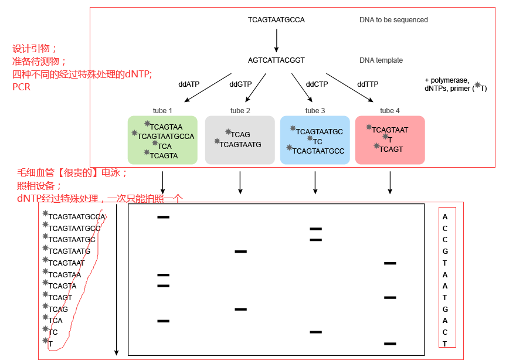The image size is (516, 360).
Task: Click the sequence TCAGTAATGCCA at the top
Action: (x=276, y=20)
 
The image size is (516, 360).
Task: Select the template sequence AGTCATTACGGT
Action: (x=276, y=60)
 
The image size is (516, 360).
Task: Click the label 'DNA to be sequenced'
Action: (x=393, y=20)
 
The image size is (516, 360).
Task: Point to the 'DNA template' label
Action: (x=381, y=60)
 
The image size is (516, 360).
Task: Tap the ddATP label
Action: (x=189, y=84)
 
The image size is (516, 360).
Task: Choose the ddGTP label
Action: (x=240, y=84)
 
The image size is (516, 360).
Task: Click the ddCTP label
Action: (x=317, y=84)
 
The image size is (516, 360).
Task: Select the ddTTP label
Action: (x=368, y=84)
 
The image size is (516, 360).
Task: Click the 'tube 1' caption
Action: (x=162, y=111)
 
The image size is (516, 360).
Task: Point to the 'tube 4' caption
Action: (x=390, y=111)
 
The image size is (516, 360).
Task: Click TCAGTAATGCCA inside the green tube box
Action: (x=166, y=137)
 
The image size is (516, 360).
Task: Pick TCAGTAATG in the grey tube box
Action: (x=240, y=145)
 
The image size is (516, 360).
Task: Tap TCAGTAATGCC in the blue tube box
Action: (x=318, y=151)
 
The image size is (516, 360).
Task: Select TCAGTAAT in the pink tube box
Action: (x=390, y=130)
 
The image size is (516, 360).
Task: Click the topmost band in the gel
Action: (x=163, y=217)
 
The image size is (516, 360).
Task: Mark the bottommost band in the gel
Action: (x=390, y=344)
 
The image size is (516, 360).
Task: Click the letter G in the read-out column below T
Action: (x=445, y=309)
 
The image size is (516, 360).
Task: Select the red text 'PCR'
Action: (x=21, y=87)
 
